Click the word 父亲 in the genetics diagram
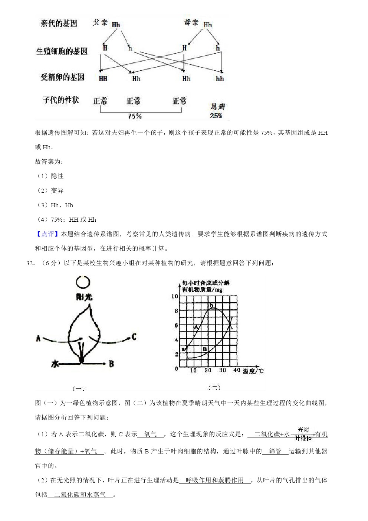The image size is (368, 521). [100, 23]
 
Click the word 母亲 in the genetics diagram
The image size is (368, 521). [191, 23]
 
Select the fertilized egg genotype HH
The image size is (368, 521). [103, 78]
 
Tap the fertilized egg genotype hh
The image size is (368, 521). [220, 79]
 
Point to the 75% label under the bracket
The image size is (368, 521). [135, 116]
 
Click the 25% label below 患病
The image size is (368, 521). [216, 115]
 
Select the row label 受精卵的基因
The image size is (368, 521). [63, 77]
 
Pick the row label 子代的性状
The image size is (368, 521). [61, 100]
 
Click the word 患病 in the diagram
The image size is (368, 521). [218, 107]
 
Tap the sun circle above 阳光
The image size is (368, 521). [83, 283]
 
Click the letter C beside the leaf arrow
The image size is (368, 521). [134, 337]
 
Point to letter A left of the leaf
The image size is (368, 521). [38, 338]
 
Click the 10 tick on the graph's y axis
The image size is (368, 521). [174, 296]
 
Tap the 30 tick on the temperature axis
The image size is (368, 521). [223, 370]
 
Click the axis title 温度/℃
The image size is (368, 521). [253, 371]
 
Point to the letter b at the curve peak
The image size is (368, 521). [211, 306]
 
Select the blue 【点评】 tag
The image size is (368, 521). [47, 234]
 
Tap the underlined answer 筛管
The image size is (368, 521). [275, 451]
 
